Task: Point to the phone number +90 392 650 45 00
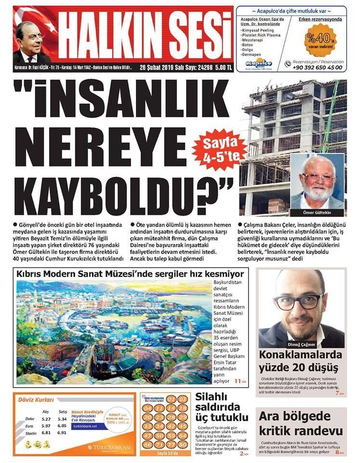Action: pos(318,68)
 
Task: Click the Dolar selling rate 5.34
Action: pos(62,419)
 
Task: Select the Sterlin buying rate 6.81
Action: pos(46,433)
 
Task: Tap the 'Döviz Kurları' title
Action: pos(36,400)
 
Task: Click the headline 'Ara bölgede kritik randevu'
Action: pos(301,423)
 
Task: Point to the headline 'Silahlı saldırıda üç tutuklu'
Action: pos(221,407)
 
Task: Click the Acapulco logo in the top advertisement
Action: pos(258,63)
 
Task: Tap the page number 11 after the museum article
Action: pos(238,381)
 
